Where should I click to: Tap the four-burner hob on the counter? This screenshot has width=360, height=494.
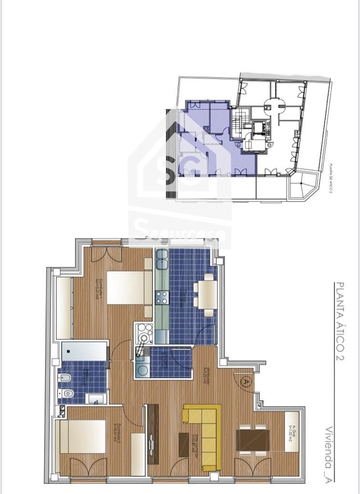click(161, 297)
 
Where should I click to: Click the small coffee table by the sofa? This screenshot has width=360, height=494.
click(184, 444)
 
